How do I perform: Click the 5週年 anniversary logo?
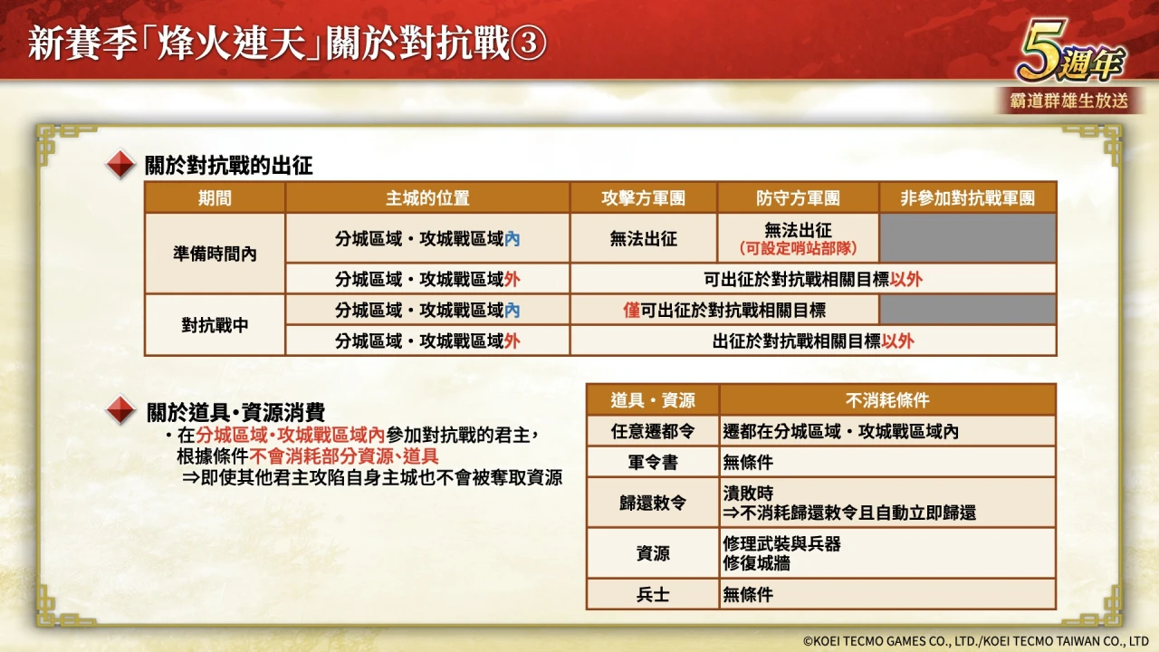coord(1070,52)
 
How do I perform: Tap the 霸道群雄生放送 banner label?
coord(1069,101)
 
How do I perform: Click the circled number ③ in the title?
coord(528,43)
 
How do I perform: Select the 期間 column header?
coord(215,197)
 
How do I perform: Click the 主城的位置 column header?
coord(427,197)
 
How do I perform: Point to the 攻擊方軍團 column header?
coord(643,197)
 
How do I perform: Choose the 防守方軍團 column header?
coord(798,197)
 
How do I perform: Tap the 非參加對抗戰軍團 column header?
coord(968,197)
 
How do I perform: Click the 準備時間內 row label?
coord(215,254)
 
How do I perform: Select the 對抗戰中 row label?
coord(215,325)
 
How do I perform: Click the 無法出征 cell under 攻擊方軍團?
coord(643,238)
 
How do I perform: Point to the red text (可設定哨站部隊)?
coord(798,248)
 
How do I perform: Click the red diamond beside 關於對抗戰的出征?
coord(120,164)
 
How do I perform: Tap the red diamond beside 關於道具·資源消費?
coord(120,410)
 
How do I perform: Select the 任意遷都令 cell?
coord(653,431)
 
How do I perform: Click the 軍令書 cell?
coord(653,462)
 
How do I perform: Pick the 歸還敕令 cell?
coord(653,503)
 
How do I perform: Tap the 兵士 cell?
coord(653,594)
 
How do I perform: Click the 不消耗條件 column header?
coord(887,400)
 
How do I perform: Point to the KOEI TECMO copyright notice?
coord(975,641)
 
